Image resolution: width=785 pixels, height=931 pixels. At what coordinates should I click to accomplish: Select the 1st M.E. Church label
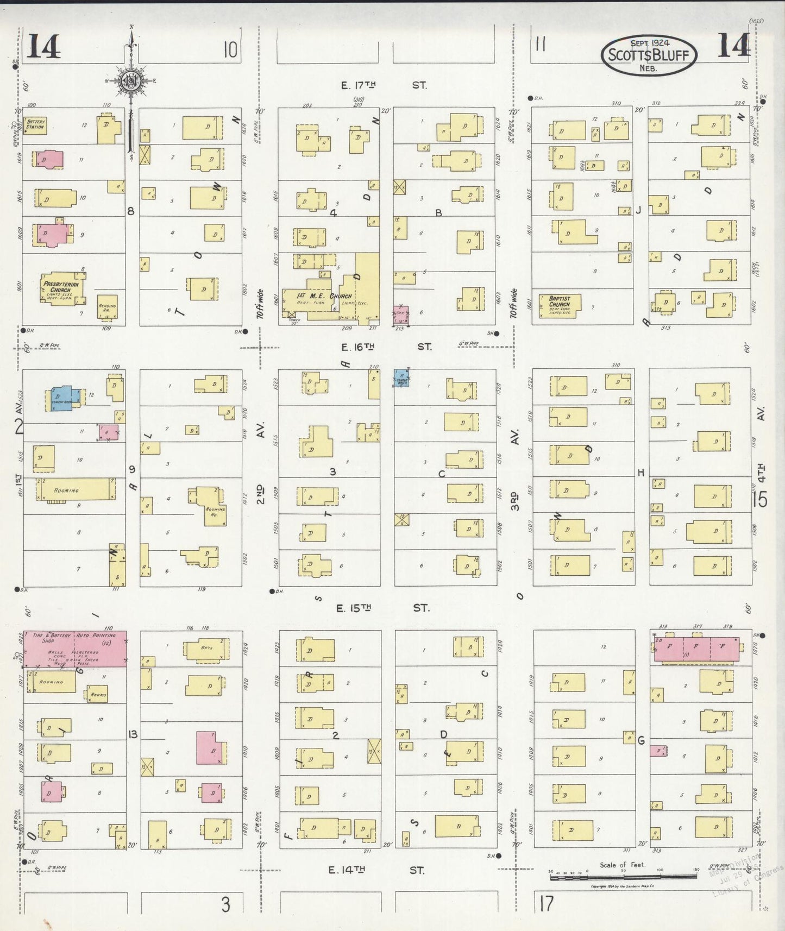324,297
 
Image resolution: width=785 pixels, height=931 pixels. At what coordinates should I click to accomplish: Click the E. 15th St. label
382,608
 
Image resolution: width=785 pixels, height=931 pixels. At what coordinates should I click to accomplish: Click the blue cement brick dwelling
62,398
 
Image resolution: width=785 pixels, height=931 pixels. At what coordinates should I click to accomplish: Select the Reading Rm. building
107,309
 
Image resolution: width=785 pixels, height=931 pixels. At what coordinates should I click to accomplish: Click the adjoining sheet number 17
546,904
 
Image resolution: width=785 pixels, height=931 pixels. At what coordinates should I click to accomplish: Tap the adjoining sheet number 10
230,51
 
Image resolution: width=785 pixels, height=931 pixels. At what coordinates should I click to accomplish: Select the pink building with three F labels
696,650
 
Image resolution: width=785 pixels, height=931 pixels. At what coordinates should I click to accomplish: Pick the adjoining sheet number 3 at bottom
225,904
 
